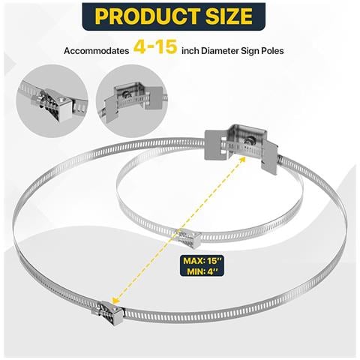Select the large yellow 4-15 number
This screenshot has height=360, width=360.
click(155, 46)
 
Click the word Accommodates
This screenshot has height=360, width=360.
click(97, 51)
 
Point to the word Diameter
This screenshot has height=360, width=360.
click(220, 51)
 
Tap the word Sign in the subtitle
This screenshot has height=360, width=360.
click(250, 51)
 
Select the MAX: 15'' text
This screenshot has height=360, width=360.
click(202, 261)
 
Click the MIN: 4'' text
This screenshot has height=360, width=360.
click(202, 271)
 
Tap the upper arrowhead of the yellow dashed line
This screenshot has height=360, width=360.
click(242, 160)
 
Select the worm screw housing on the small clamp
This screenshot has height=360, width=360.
click(188, 238)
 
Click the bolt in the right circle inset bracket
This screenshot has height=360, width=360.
click(127, 94)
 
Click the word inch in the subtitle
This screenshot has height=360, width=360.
click(190, 51)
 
